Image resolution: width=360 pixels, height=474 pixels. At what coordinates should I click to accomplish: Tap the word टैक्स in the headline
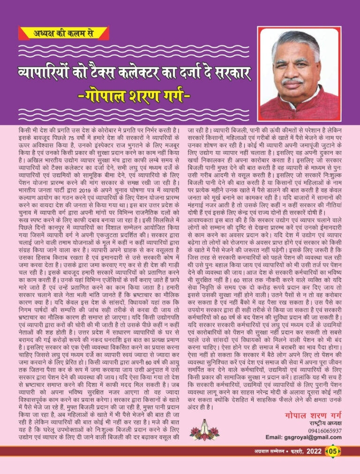122,74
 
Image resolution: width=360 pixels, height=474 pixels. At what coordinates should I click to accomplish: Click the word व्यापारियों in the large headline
56,74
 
